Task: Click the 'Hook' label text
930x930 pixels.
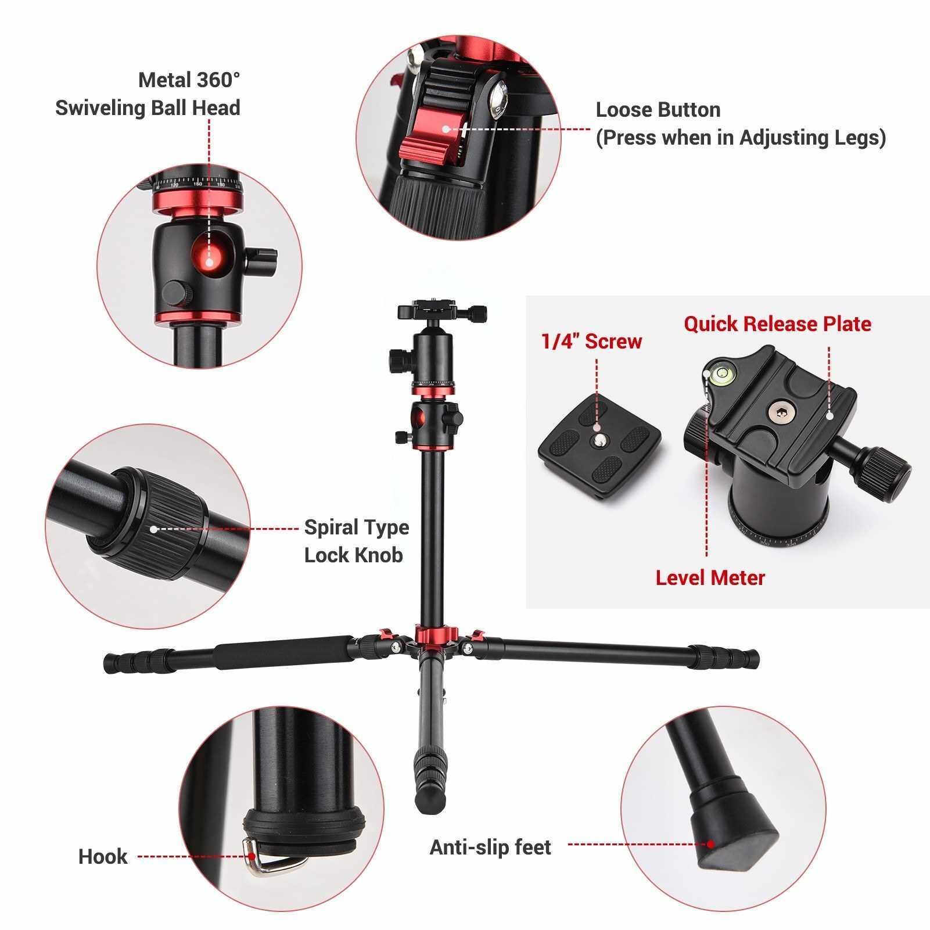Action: tap(103, 857)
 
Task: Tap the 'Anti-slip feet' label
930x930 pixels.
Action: tap(490, 848)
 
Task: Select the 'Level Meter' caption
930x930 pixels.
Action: tap(710, 578)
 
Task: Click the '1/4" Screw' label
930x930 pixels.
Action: tap(591, 341)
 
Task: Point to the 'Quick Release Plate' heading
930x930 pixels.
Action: tap(777, 324)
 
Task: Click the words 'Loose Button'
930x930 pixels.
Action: tap(658, 110)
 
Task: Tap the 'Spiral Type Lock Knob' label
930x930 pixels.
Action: tap(356, 541)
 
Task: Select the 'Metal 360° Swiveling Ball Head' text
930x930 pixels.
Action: tap(148, 94)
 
